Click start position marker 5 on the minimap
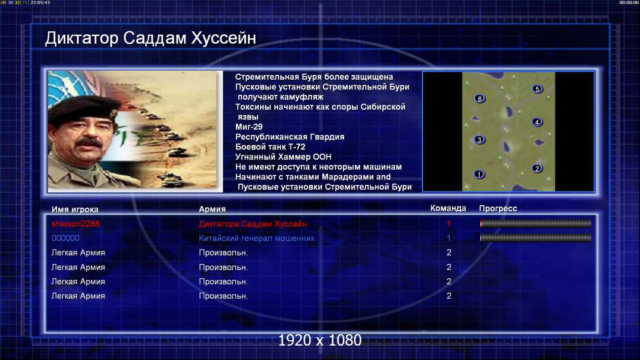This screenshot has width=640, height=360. click(x=537, y=89)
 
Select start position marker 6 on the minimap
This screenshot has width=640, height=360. click(x=480, y=98)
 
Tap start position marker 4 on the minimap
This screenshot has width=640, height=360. click(x=537, y=122)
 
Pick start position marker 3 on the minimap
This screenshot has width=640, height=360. click(x=479, y=139)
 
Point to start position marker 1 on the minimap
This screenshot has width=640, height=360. click(x=478, y=174)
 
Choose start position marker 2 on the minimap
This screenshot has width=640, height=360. click(x=537, y=169)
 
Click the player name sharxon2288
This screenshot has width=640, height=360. click(x=76, y=224)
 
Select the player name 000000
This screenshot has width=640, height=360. click(x=65, y=238)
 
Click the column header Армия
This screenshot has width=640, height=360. click(x=213, y=209)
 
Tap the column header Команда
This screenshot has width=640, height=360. click(x=448, y=208)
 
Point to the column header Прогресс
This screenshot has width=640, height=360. click(x=498, y=209)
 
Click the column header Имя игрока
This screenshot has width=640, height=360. click(x=75, y=209)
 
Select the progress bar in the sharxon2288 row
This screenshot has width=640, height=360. click(x=536, y=223)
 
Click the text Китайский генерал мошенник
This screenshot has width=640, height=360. click(x=257, y=238)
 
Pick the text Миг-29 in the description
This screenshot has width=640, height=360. click(x=249, y=127)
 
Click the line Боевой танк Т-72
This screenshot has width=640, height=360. click(x=270, y=147)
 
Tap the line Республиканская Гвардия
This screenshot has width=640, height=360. click(x=290, y=137)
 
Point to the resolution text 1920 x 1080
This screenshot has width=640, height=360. click(x=320, y=340)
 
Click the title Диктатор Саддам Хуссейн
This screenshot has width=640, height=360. click(x=151, y=38)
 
